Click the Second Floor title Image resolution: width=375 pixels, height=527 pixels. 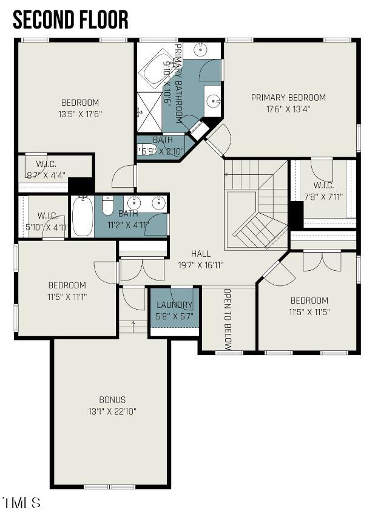pyautogui.click(x=70, y=19)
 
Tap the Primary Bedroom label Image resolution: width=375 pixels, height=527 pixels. pyautogui.click(x=288, y=97)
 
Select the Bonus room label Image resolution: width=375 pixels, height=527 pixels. pyautogui.click(x=112, y=399)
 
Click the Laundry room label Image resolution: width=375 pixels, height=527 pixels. pyautogui.click(x=174, y=305)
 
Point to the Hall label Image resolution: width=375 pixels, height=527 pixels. pyautogui.click(x=201, y=254)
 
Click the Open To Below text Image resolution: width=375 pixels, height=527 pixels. pyautogui.click(x=228, y=319)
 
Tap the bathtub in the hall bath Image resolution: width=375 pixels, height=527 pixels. pyautogui.click(x=82, y=216)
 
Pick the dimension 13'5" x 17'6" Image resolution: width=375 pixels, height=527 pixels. pyautogui.click(x=79, y=114)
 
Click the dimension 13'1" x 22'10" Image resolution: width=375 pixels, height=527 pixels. pyautogui.click(x=112, y=411)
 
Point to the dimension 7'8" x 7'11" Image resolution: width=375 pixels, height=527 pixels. pyautogui.click(x=323, y=196)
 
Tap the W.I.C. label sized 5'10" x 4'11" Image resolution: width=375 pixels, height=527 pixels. pyautogui.click(x=47, y=216)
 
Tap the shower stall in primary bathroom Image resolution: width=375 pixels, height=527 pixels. pyautogui.click(x=148, y=112)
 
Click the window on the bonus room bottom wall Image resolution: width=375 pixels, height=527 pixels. pyautogui.click(x=109, y=486)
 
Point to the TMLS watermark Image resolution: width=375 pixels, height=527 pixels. pyautogui.click(x=22, y=503)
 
